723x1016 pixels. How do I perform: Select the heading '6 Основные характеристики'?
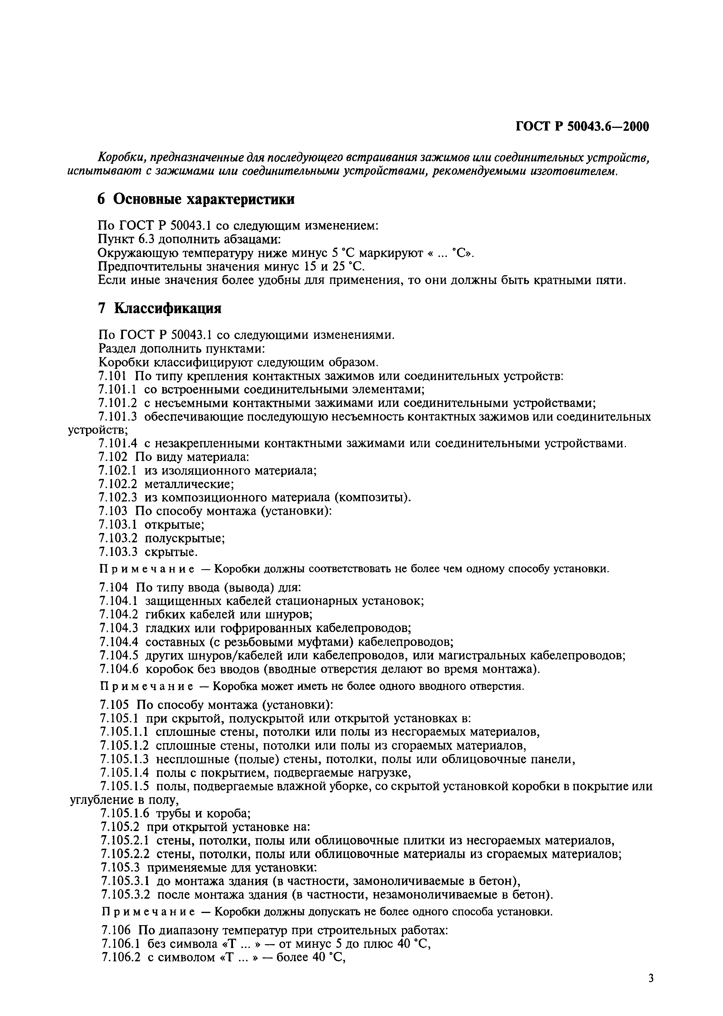pyautogui.click(x=196, y=200)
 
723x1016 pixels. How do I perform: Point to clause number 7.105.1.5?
pyautogui.click(x=125, y=786)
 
